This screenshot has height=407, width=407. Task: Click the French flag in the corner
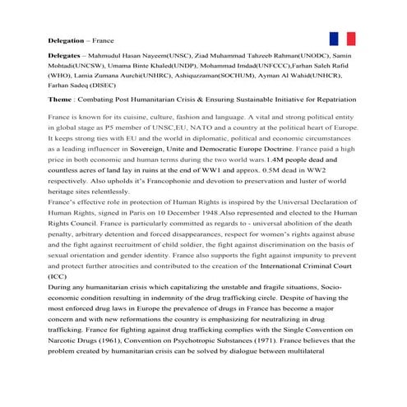tap(341, 39)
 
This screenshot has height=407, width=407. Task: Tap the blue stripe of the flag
tap(333, 39)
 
